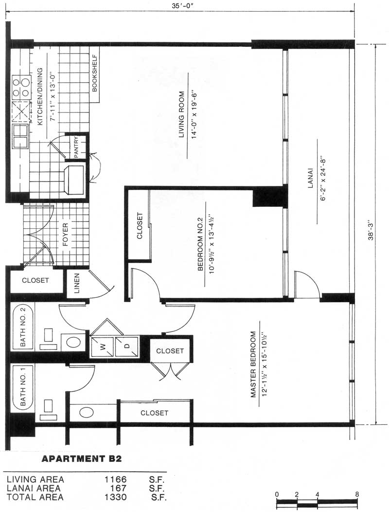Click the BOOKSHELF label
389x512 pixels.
click(95, 73)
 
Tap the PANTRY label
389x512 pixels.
click(76, 147)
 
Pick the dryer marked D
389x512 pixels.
click(127, 347)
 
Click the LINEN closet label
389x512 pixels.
click(77, 283)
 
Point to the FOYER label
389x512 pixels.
click(65, 235)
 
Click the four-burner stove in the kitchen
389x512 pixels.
click(21, 87)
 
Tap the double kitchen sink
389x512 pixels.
click(20, 136)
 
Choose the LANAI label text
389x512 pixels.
click(310, 178)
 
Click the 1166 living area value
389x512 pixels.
click(116, 479)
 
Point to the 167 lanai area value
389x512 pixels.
click(118, 488)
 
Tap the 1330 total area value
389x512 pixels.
click(116, 497)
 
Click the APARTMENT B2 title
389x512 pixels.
click(82, 459)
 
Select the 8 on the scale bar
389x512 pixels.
click(357, 494)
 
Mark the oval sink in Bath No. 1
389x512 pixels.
click(86, 412)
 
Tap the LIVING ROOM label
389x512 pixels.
click(181, 114)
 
